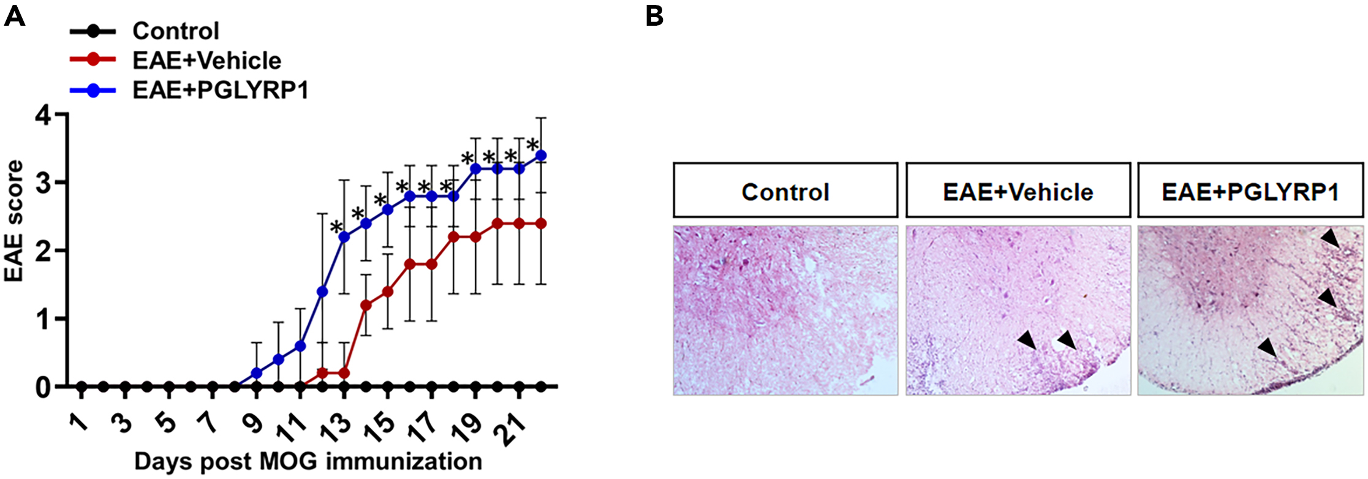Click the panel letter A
pos(14,16)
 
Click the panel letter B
pos(654,16)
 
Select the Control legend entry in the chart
pos(175,31)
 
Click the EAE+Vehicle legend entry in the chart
pos(206,61)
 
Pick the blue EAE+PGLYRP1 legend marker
pos(93,91)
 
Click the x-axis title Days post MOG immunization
pos(308,461)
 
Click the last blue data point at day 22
pos(541,156)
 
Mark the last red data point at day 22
pos(541,224)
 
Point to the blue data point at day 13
pos(344,237)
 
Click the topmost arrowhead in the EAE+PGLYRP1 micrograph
pos(1330,238)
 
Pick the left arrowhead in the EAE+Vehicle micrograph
pos(1028,340)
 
